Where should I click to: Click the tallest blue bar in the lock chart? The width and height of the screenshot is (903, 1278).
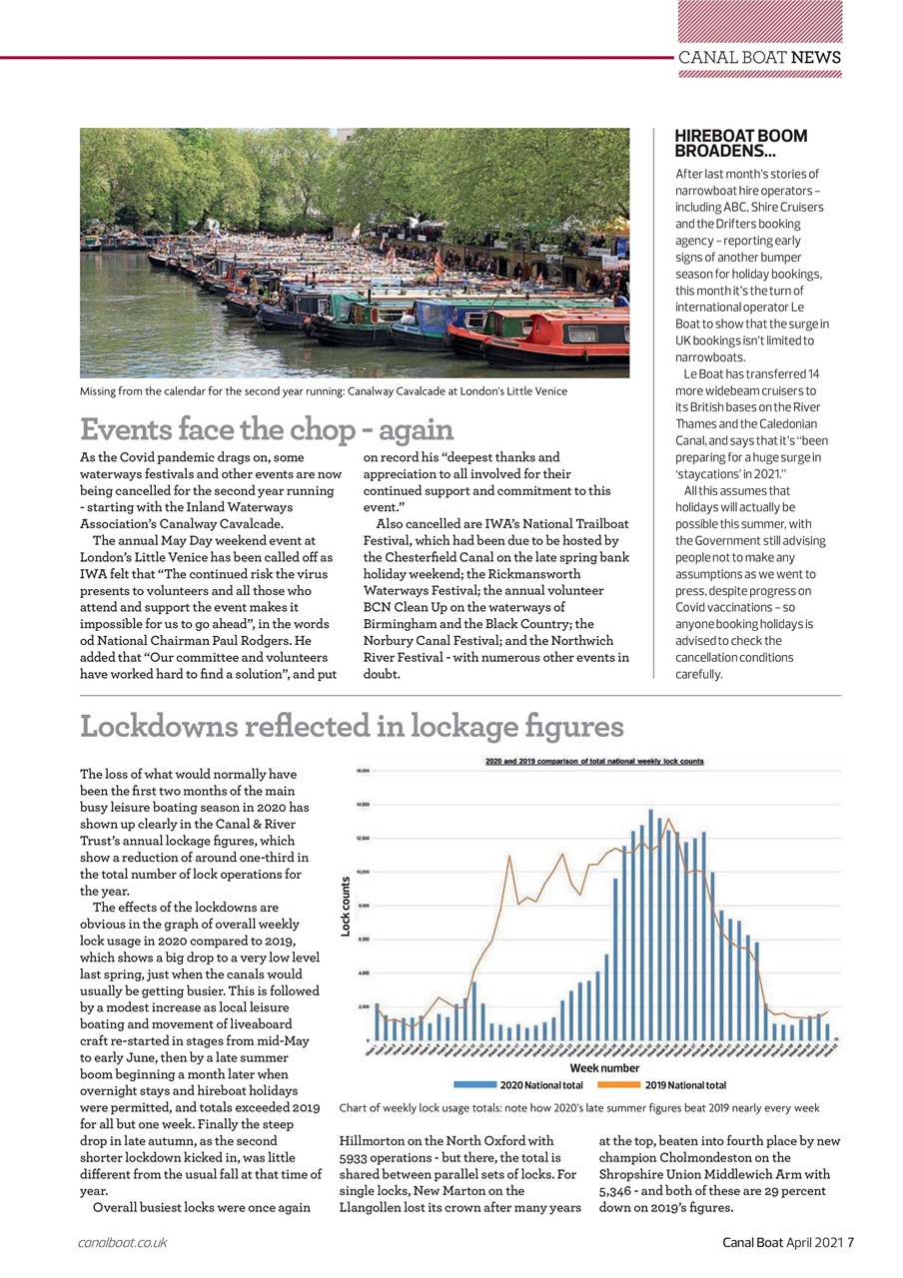(x=651, y=924)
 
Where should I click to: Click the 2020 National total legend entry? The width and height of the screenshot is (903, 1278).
(x=519, y=1084)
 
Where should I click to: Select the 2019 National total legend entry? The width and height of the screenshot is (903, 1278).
(x=662, y=1084)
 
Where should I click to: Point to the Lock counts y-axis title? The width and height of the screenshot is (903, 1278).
(x=346, y=907)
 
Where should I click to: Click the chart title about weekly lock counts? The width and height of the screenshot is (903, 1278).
(x=593, y=761)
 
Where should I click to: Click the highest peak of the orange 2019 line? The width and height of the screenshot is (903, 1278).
(x=668, y=820)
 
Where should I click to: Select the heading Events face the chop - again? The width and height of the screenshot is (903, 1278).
(x=267, y=429)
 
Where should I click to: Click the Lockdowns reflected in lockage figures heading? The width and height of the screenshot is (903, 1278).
(x=352, y=726)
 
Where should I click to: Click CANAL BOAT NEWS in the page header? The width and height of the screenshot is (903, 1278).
(x=759, y=57)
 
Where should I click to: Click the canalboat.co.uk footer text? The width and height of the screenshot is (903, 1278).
(x=122, y=1243)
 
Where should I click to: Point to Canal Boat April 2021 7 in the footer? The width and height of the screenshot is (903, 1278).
(x=788, y=1243)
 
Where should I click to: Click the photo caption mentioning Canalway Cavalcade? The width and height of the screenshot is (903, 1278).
(x=323, y=391)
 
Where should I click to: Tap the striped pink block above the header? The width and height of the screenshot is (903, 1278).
(x=759, y=20)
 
